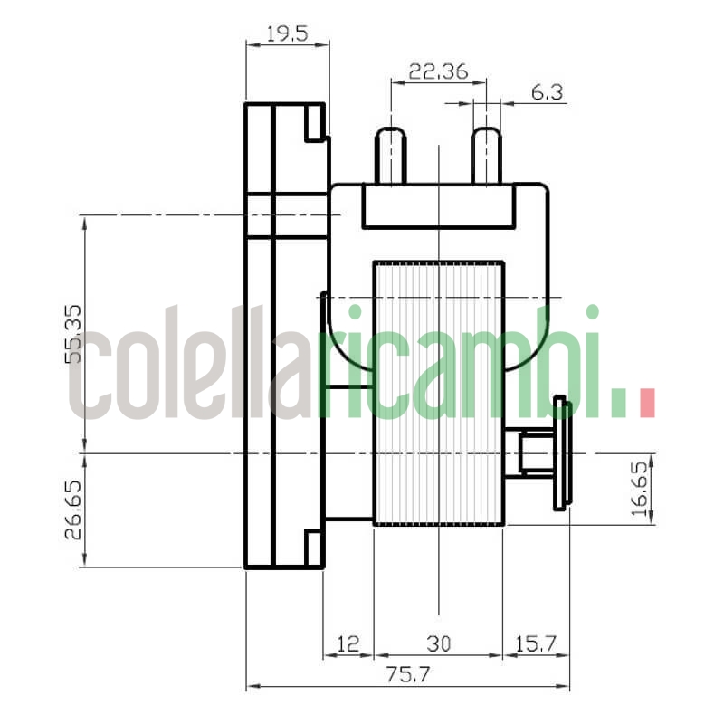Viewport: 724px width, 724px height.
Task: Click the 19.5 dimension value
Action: (287, 34)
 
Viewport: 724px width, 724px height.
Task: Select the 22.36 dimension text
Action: (438, 72)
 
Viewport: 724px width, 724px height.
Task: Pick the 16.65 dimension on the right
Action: (640, 489)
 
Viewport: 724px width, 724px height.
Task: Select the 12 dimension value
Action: (348, 643)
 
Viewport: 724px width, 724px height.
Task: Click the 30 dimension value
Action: (438, 643)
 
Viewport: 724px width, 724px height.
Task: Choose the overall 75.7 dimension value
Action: (408, 675)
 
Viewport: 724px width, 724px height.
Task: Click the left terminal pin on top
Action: (391, 156)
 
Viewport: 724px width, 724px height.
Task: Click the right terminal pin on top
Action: (487, 156)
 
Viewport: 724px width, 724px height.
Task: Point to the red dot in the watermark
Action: (647, 403)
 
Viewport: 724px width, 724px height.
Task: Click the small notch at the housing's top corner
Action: (314, 123)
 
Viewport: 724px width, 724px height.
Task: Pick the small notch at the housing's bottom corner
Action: (314, 548)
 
